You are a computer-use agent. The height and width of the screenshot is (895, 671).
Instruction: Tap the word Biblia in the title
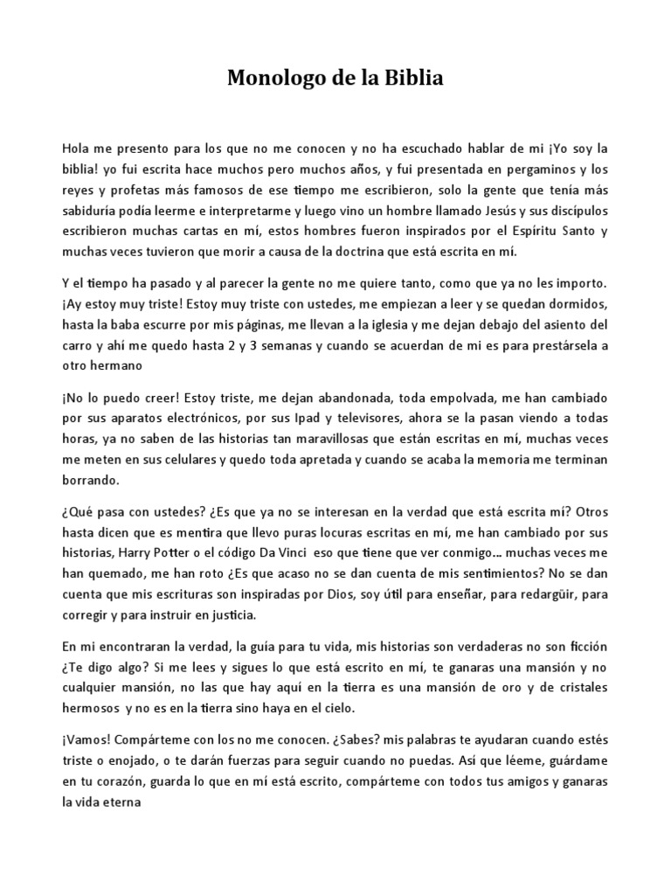412,80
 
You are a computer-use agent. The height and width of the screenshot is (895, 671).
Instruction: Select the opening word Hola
76,149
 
